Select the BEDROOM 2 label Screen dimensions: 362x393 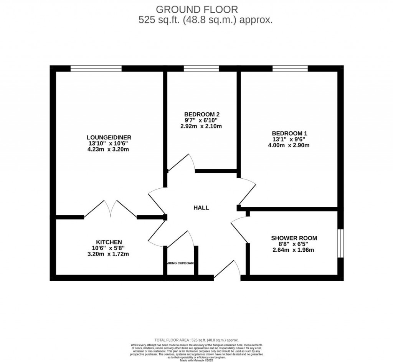click(x=201, y=114)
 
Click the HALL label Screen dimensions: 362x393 click(x=201, y=208)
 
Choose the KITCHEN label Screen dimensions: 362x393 click(x=109, y=242)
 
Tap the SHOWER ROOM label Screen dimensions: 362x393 click(x=294, y=238)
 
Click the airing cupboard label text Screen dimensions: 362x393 click(x=181, y=264)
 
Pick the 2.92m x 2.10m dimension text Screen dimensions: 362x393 click(x=201, y=126)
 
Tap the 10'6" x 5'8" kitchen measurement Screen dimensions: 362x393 click(x=109, y=248)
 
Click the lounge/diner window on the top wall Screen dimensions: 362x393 click(x=96, y=68)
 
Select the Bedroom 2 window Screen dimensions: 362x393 click(x=201, y=68)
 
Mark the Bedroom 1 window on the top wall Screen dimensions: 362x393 click(x=290, y=68)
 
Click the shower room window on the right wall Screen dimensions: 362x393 click(x=340, y=243)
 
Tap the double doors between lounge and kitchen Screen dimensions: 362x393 click(x=110, y=209)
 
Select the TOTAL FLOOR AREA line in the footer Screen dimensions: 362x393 click(x=196, y=340)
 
